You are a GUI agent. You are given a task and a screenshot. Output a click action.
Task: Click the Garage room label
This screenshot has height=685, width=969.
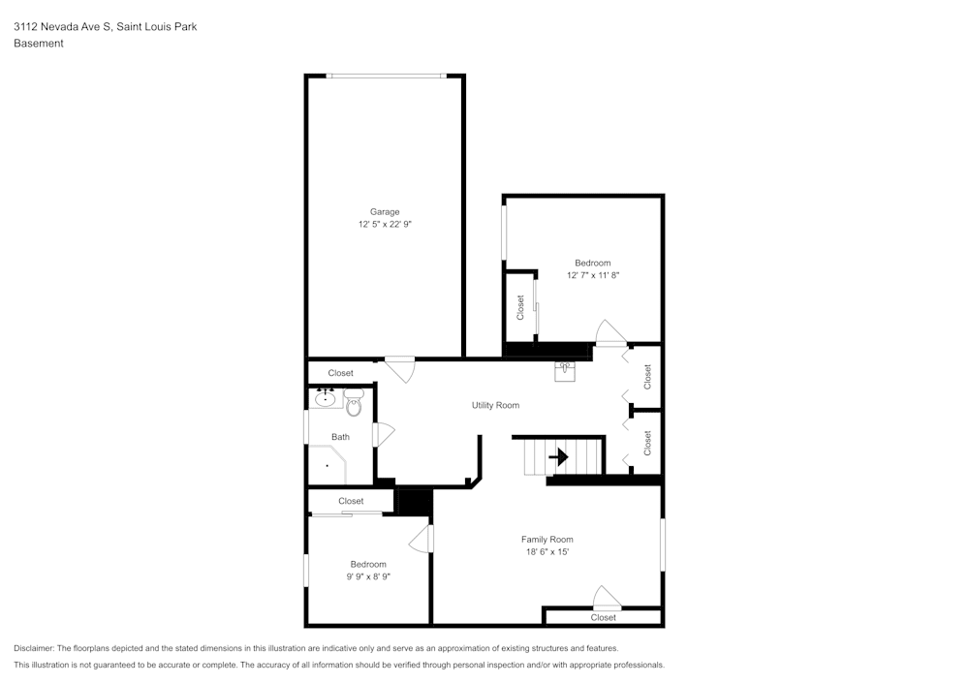[384, 211]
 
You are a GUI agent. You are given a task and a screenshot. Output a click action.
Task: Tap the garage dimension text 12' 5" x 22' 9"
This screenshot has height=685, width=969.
[384, 224]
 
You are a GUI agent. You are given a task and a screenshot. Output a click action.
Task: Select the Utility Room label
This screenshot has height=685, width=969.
[495, 405]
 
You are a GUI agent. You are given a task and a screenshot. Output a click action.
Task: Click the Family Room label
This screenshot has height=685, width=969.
[547, 540]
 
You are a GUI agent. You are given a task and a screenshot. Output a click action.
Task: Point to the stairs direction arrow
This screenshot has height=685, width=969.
[558, 456]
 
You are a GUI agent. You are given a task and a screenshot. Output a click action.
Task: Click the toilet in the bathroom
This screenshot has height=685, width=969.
[353, 402]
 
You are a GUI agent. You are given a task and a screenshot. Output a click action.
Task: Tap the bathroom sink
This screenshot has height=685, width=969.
[325, 397]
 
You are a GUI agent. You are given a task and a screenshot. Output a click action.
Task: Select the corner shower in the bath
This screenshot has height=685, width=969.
[328, 465]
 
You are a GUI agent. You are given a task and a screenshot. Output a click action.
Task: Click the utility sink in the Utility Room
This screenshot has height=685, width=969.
[566, 372]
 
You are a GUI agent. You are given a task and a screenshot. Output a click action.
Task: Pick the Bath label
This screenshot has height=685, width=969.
[340, 437]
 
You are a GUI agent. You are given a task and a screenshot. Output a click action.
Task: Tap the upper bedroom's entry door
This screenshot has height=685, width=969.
[610, 333]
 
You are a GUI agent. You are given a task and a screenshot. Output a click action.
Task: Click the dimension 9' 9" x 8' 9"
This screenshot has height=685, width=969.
[368, 576]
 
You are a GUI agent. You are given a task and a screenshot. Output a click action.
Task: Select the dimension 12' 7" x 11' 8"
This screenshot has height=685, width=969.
[592, 275]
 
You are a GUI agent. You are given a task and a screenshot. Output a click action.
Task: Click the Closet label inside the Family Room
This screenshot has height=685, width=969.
[603, 617]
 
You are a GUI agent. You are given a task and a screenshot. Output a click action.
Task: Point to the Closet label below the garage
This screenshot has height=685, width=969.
[340, 373]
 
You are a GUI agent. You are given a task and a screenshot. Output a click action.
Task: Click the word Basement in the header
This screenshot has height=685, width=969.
[39, 44]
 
